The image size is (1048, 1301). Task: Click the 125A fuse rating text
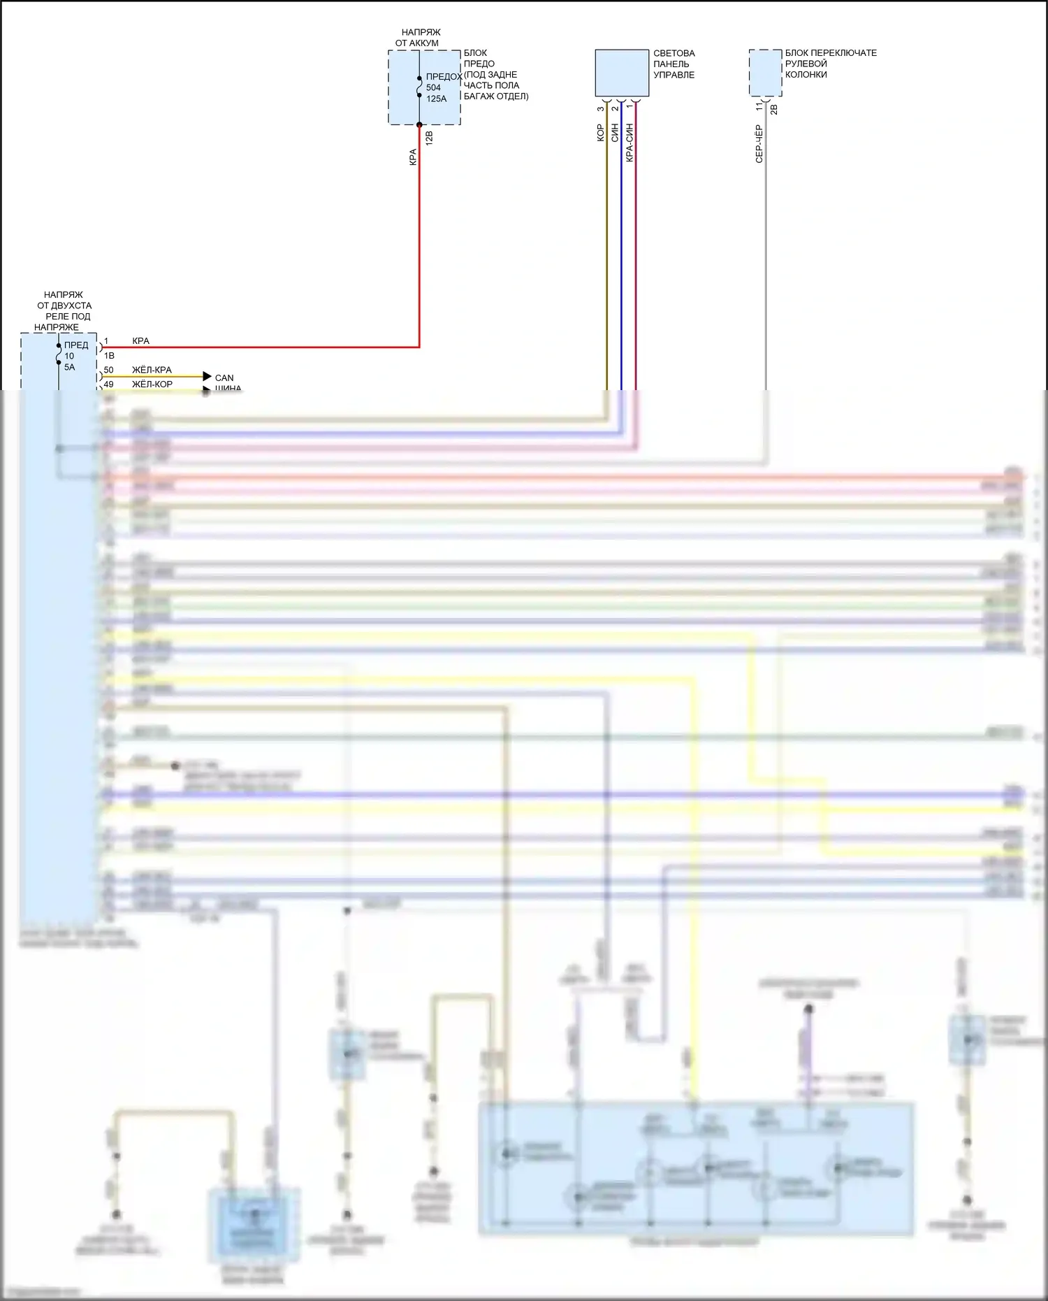click(x=436, y=99)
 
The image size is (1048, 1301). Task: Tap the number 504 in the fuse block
click(x=433, y=88)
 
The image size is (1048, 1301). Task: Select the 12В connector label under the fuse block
click(x=429, y=138)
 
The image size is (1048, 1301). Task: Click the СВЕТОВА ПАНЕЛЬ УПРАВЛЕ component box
click(x=622, y=73)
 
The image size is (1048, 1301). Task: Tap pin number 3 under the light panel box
click(x=601, y=108)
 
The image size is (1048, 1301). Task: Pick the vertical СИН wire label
click(x=615, y=134)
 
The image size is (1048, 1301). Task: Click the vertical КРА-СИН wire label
click(x=629, y=143)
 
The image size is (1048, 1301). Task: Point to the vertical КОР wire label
click(x=600, y=134)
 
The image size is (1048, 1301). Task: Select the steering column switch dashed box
click(x=765, y=73)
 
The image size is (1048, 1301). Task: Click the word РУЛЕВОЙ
click(x=806, y=64)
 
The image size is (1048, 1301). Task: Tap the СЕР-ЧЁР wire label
click(x=759, y=144)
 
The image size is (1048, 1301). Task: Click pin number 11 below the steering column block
click(x=759, y=107)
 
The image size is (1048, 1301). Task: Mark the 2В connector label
click(x=773, y=110)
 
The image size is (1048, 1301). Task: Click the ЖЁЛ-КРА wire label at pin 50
click(x=152, y=370)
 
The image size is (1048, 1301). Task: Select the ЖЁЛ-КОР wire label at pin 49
click(x=152, y=384)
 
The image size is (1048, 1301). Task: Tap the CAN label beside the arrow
click(x=224, y=378)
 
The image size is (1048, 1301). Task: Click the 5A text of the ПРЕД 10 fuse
click(x=70, y=368)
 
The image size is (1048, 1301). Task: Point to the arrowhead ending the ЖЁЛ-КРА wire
click(x=207, y=377)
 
